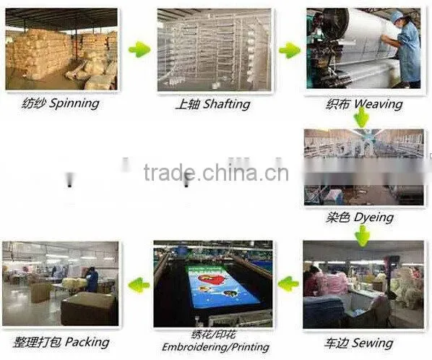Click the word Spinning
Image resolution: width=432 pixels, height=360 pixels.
pos(74,103)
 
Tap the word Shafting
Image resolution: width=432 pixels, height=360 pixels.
pos(226,104)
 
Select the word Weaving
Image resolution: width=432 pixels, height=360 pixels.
pos(379,104)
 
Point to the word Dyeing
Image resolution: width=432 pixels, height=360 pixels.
pos(373,218)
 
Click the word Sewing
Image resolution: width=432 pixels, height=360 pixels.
pos(373,343)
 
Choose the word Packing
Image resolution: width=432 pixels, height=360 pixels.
pos(87,343)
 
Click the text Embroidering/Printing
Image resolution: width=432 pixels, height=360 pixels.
pos(215,347)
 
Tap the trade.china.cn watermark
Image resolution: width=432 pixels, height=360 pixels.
pos(216,173)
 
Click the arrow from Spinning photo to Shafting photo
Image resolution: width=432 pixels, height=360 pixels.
pos(139,50)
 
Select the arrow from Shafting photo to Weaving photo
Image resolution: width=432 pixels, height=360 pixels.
pos(290,50)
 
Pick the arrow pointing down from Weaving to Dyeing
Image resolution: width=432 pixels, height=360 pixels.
pos(362,117)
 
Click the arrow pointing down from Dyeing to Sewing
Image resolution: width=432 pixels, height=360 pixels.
pos(363,236)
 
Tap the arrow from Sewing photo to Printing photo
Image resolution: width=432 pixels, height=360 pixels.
pos(288,283)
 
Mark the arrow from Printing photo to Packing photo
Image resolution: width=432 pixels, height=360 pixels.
pos(139,284)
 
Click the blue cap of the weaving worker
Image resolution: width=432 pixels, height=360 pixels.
pos(397,14)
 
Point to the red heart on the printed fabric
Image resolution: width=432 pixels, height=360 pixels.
pos(212,279)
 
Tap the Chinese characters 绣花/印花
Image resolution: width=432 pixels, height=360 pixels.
pos(214,335)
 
